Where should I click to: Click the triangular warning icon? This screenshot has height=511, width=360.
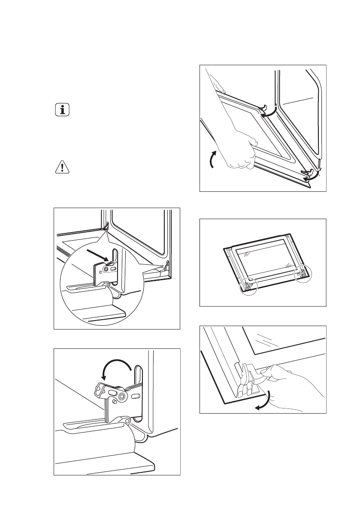pyautogui.click(x=63, y=167)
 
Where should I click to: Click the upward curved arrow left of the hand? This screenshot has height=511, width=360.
pyautogui.click(x=211, y=161)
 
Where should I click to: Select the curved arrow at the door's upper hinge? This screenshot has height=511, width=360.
pyautogui.click(x=269, y=113)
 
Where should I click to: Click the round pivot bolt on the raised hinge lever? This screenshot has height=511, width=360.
pyautogui.click(x=123, y=396)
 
